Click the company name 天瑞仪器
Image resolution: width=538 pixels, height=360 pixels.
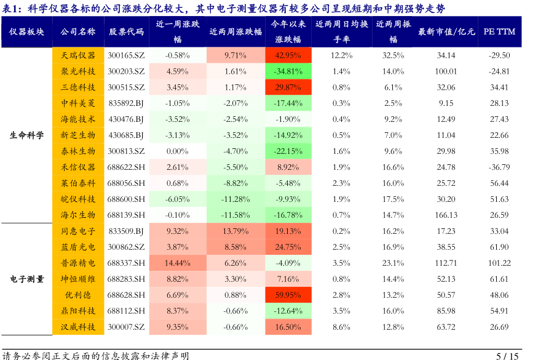78,55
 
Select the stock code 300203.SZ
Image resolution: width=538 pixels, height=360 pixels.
126,71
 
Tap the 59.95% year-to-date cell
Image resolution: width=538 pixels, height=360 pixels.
288,295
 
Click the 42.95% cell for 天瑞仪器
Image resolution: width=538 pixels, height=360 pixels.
288,55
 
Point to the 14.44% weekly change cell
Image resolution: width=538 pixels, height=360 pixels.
178,263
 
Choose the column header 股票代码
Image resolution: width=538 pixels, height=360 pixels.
126,31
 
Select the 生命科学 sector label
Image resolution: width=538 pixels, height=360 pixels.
26,135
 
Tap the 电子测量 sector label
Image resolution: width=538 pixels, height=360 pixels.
26,279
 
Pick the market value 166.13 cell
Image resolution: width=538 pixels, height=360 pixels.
446,215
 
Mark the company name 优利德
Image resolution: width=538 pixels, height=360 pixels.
78,295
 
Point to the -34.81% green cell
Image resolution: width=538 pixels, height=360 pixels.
288,71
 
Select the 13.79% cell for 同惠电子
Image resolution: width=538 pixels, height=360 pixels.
235,231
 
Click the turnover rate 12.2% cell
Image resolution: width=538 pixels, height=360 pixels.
341,55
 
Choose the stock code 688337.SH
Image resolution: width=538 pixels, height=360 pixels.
126,263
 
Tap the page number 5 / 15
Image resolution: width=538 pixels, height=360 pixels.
507,356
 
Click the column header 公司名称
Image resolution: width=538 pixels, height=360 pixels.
78,31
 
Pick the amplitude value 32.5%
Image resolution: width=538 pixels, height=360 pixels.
394,55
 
